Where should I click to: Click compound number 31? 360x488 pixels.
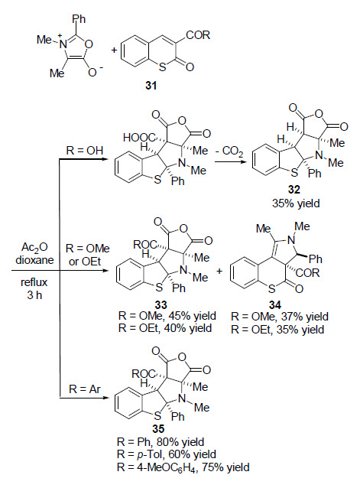coord(151,85)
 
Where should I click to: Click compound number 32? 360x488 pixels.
coord(294,190)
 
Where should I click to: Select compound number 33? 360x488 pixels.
coord(161,304)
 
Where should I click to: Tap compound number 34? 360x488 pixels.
coord(275,304)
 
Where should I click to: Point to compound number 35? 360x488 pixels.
coord(158,429)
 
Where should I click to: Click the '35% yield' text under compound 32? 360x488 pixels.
coord(296,203)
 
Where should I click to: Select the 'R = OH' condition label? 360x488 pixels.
coord(85,151)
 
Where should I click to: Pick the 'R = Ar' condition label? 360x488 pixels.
coord(85,389)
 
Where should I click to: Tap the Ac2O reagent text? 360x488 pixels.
coord(34,248)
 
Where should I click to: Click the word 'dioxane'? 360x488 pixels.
coord(34,260)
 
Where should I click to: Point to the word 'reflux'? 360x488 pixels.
coord(34,282)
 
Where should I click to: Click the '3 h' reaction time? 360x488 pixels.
coord(34,294)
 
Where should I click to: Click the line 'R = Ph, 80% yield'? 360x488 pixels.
coord(161,442)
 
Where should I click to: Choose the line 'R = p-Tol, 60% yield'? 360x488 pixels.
coord(167,454)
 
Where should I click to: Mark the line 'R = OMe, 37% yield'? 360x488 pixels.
coord(280,317)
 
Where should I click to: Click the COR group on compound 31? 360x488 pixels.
coord(198,35)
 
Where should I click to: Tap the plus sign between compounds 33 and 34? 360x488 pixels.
coord(219,271)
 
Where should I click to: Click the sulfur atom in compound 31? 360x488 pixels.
coord(162,67)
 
